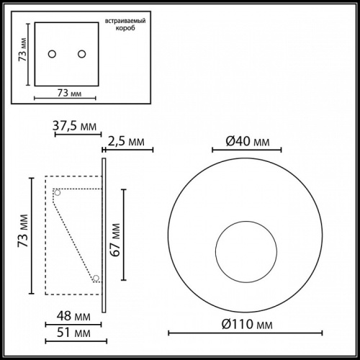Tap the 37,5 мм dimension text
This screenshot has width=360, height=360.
(75, 127)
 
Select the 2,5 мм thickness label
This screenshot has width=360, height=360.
(130, 142)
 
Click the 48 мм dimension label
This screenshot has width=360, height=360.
(73, 316)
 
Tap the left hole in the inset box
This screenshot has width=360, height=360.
(52, 54)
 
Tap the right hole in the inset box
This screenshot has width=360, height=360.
(81, 54)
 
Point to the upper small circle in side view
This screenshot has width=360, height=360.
(57, 192)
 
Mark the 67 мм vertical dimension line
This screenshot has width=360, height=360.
(125, 235)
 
